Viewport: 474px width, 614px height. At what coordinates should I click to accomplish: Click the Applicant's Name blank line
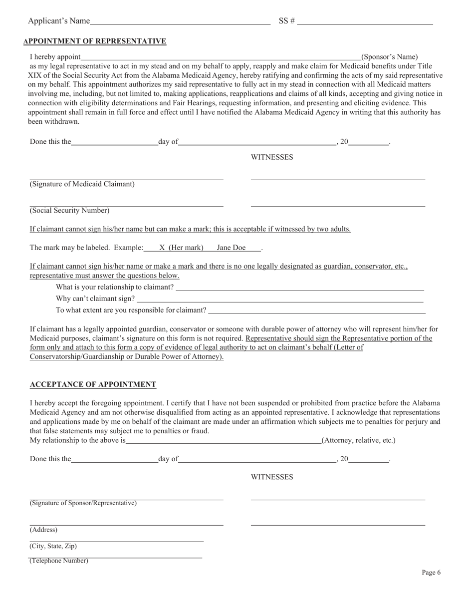coord(180,21)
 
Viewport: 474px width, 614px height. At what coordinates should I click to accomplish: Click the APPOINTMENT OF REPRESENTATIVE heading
coord(95,41)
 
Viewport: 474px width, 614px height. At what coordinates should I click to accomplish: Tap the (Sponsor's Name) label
coord(390,57)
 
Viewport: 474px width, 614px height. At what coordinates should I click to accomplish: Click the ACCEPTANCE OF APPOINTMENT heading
coord(93,384)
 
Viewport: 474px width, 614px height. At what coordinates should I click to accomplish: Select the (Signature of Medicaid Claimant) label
coord(82,184)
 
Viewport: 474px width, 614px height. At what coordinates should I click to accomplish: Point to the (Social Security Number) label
coord(70,211)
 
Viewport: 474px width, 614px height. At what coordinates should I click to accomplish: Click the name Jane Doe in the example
coord(231,248)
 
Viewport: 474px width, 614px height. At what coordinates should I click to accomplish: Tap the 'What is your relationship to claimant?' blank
coord(299,288)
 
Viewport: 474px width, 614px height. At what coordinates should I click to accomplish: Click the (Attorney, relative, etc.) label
coord(358,440)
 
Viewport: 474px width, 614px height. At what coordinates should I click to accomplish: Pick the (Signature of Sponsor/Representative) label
coord(83,503)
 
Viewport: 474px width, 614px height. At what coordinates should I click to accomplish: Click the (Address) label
coord(44,530)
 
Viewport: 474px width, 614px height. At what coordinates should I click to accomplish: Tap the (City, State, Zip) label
coord(53,546)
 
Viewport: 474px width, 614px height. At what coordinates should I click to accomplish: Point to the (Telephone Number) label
coord(59,561)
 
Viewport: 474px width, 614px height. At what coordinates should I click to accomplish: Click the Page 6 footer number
coord(431,573)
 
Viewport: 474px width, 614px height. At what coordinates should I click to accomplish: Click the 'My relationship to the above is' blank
coord(223,440)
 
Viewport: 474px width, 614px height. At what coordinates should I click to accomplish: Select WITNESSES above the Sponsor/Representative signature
coord(272,477)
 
